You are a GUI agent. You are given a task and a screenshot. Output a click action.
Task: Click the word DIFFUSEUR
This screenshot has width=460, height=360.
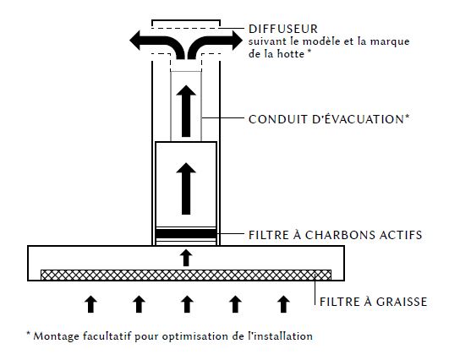(283, 29)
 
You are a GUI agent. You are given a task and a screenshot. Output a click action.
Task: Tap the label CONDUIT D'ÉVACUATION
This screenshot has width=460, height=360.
(329, 119)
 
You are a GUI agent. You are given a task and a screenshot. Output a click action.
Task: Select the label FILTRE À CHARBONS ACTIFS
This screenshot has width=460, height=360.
(336, 235)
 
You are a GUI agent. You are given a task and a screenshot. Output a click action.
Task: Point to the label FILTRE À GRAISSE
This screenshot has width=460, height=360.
(373, 302)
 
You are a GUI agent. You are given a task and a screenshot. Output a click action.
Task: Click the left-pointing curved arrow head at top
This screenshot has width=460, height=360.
(136, 41)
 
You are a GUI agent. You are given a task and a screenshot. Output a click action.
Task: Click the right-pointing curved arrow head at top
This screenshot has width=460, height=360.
(236, 41)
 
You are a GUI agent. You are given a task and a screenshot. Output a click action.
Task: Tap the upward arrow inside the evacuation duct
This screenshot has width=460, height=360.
(186, 111)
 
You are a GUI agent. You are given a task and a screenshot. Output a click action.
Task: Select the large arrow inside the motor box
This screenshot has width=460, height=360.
(186, 188)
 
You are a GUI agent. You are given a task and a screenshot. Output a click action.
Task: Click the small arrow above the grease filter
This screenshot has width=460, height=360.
(186, 258)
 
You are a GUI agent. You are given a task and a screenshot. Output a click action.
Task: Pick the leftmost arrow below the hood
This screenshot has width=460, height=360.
(91, 304)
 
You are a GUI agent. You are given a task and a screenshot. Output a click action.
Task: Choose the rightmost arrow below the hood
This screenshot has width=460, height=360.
(283, 304)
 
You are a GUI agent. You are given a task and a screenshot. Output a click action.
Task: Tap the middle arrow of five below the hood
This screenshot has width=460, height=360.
(187, 304)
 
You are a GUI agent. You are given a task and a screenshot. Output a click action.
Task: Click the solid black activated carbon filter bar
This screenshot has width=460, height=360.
(186, 233)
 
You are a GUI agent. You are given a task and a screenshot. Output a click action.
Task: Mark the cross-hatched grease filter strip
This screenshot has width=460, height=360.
(186, 275)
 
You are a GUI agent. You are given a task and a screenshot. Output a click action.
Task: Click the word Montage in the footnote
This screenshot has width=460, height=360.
(56, 336)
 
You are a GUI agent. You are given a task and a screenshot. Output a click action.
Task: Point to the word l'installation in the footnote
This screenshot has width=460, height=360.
(280, 335)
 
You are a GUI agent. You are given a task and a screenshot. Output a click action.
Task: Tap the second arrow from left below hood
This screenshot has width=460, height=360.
(139, 304)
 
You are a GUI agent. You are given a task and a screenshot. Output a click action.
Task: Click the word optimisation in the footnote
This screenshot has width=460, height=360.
(195, 336)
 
